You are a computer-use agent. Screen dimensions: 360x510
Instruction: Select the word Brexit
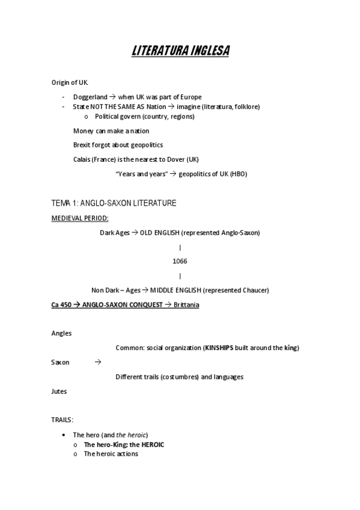tap(82, 145)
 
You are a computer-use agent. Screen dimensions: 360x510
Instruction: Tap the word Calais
tap(82, 159)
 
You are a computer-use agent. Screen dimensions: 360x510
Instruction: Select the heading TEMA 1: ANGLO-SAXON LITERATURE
tap(114, 203)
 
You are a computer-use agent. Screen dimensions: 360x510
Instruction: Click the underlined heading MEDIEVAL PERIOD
tap(80, 218)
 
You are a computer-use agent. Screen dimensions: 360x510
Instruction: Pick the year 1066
tap(180, 261)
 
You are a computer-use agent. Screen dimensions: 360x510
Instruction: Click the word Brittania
tap(186, 305)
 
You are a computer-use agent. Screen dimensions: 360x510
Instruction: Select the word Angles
tap(61, 333)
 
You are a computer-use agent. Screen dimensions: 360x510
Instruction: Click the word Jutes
tap(59, 392)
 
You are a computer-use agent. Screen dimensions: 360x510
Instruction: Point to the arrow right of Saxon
tap(98, 363)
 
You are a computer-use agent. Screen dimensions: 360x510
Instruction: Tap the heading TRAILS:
tap(62, 420)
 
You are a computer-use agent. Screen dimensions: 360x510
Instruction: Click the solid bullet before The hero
tap(64, 435)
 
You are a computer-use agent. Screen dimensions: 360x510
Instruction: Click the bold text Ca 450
tap(61, 305)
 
